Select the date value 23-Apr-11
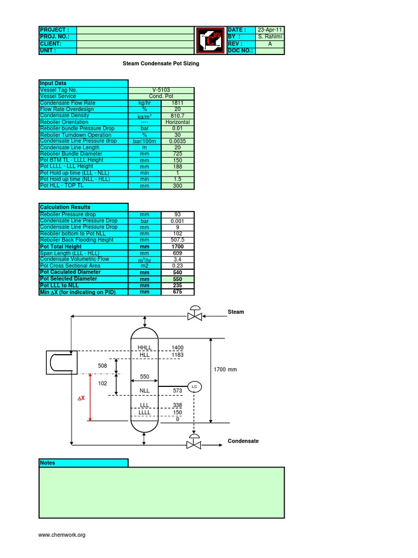click(x=269, y=29)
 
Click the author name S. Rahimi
click(x=269, y=37)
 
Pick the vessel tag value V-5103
click(x=161, y=89)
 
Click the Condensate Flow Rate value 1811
click(x=177, y=102)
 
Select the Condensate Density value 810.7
click(x=177, y=116)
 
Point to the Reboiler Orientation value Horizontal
click(x=177, y=122)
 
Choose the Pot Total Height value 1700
click(x=177, y=246)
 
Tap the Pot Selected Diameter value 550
click(x=177, y=278)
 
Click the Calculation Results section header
click(x=83, y=207)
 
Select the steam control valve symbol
click(x=194, y=314)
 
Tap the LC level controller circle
click(x=194, y=386)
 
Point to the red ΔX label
click(x=81, y=399)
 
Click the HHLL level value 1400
click(x=177, y=348)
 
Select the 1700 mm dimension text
click(x=226, y=369)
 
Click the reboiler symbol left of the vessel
click(x=61, y=362)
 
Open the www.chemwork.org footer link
click(x=62, y=535)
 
